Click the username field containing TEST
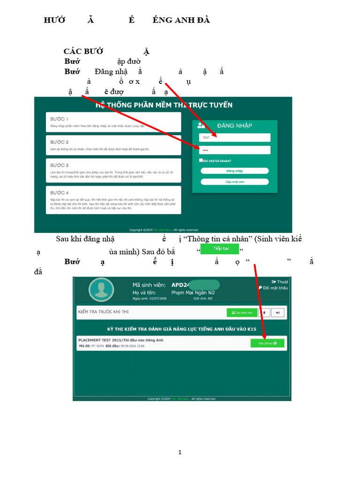pos(234,137)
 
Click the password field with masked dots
pos(234,150)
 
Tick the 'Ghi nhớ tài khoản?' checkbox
pos(201,160)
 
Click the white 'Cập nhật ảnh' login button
pos(234,182)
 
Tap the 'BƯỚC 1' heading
pos(60,119)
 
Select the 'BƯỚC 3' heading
pos(60,165)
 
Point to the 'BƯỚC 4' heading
pos(60,193)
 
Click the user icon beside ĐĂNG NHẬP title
pos(201,125)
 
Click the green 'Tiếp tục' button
pos(220,248)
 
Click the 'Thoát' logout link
pos(280,282)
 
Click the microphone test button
pos(264,312)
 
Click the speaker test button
pos(278,312)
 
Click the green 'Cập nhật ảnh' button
pos(242,312)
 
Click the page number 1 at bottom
pos(180,452)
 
